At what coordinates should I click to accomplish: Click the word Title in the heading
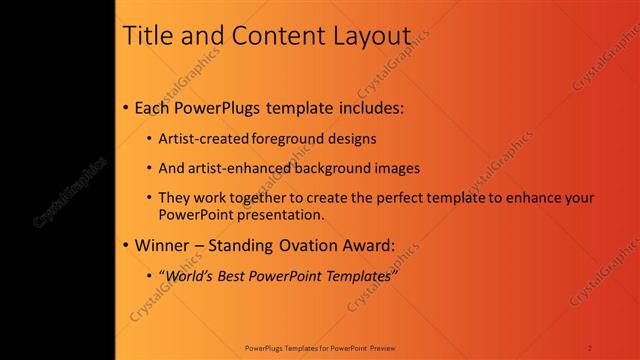coord(145,35)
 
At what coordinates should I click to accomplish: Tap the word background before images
coord(330,168)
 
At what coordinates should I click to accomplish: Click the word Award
coord(368,245)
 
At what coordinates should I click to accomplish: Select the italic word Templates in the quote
coord(355,275)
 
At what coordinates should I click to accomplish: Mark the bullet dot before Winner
coord(124,245)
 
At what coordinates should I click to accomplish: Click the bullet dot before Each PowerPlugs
coord(124,107)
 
